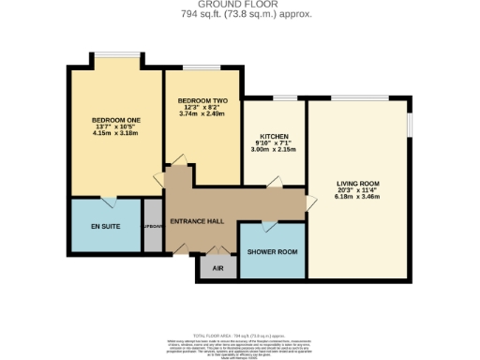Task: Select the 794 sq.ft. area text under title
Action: click(x=240, y=15)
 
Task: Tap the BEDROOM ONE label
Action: click(x=114, y=121)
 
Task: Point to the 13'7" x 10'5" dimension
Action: click(x=114, y=127)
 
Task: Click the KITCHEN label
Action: click(x=274, y=136)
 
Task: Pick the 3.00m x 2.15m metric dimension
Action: click(x=274, y=149)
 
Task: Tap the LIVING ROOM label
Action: click(x=358, y=183)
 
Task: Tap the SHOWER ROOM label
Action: click(x=272, y=252)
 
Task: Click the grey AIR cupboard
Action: click(x=217, y=267)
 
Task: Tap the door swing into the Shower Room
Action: click(x=269, y=225)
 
